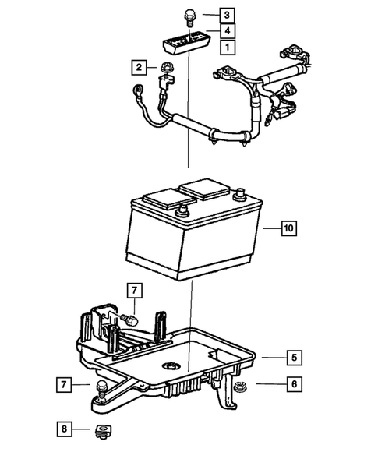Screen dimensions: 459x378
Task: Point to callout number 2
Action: (x=139, y=68)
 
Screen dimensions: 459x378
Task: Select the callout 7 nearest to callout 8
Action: (x=64, y=384)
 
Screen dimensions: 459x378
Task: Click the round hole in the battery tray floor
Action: (x=168, y=366)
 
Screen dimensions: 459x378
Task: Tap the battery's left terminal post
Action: (x=184, y=210)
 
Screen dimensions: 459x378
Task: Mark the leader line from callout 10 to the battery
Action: (x=269, y=228)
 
